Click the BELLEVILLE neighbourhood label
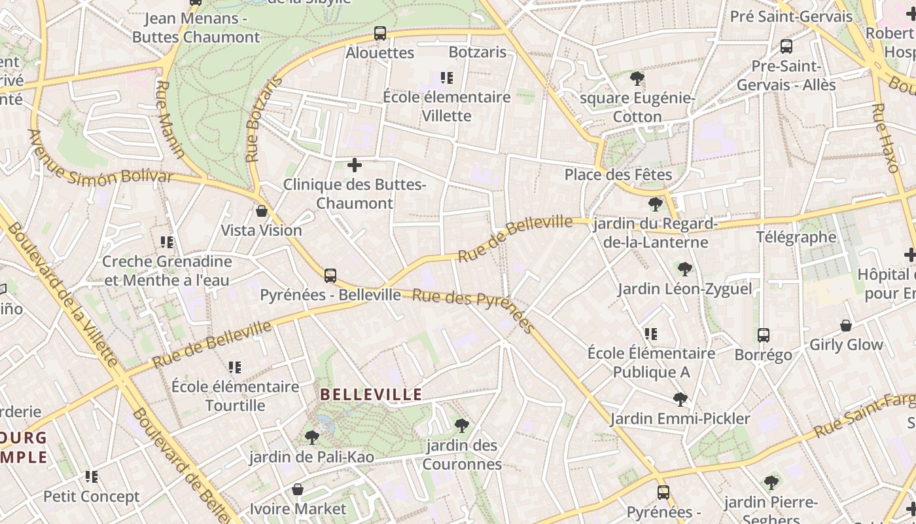tap(371, 394)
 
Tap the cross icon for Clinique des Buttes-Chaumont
tap(355, 165)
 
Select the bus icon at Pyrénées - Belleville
tap(330, 275)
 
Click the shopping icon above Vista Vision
tap(262, 211)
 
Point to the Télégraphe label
tap(796, 237)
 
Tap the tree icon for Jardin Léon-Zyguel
tap(685, 269)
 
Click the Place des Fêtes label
tap(618, 175)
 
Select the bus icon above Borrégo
tap(763, 335)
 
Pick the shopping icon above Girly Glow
tap(846, 326)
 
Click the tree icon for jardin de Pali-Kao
tap(312, 437)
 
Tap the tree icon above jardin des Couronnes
tap(462, 426)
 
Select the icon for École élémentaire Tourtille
tap(235, 367)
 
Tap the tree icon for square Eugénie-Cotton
tap(637, 79)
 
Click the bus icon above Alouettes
tap(380, 33)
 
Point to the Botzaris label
tap(478, 52)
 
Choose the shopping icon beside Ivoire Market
tap(298, 489)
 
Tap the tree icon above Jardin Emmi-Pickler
tap(680, 399)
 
